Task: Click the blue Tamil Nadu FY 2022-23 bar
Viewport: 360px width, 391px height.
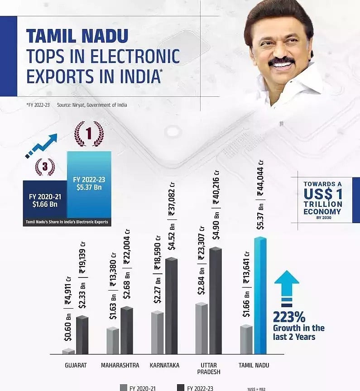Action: click(260, 296)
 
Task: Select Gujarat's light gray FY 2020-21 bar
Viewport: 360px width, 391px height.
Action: click(68, 351)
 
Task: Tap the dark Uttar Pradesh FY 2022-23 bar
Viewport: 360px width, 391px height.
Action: click(216, 301)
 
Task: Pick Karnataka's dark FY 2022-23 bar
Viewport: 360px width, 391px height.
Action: click(171, 306)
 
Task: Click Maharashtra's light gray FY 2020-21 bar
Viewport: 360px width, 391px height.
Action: click(113, 340)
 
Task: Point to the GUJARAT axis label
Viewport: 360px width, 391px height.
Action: click(76, 365)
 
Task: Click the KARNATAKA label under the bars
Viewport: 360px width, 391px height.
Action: click(164, 365)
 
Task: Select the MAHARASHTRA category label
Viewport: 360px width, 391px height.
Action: click(120, 365)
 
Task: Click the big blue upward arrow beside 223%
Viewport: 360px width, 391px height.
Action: click(287, 285)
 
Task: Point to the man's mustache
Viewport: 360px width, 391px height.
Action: click(281, 62)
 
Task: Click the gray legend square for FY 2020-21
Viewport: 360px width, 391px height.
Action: click(124, 387)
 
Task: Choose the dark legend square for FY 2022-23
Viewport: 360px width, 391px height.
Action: click(180, 387)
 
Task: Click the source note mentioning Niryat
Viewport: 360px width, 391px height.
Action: click(92, 105)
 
